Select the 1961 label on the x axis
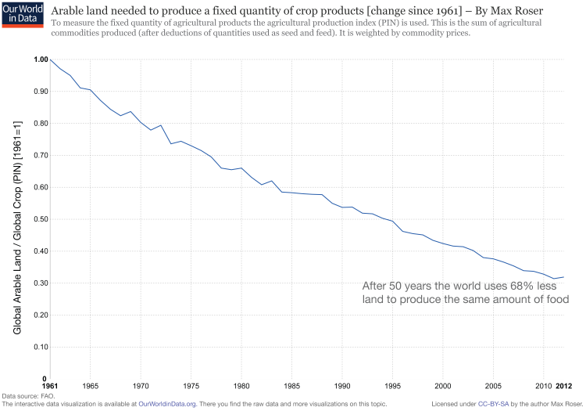coord(50,386)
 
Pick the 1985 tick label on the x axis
coord(292,386)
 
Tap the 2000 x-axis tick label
coord(443,386)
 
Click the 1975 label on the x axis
coord(191,386)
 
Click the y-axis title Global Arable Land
coord(17,227)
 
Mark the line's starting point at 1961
coord(51,59)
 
